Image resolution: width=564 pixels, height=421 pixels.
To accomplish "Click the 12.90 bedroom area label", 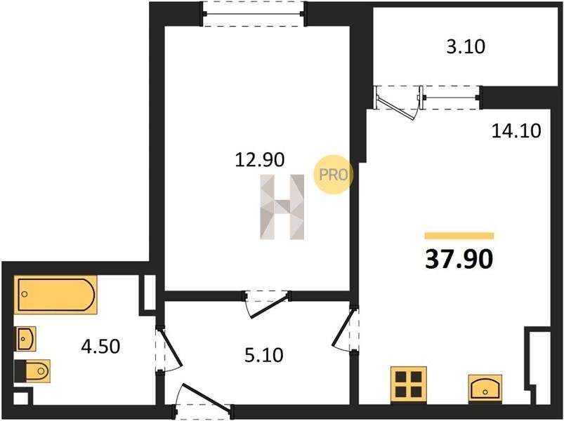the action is click(260, 160).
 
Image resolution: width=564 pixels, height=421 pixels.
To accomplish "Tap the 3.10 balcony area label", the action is click(466, 47).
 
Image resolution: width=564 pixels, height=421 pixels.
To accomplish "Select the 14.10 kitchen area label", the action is click(516, 131).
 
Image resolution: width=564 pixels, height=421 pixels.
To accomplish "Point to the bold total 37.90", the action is click(459, 260).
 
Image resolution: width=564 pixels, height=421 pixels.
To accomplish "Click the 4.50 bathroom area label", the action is click(100, 347).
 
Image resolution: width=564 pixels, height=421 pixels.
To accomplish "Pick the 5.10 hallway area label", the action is click(263, 355).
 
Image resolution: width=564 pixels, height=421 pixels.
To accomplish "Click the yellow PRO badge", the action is click(334, 175).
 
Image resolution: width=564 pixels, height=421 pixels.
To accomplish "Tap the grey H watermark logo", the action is click(282, 207).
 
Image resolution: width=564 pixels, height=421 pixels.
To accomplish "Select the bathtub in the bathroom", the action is click(55, 295).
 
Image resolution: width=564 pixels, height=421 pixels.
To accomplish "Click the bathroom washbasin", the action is click(25, 339).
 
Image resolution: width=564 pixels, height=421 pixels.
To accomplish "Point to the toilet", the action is click(32, 371).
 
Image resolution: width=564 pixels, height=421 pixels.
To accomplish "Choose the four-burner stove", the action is click(409, 384).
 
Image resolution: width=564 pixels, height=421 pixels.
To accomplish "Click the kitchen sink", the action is click(485, 387).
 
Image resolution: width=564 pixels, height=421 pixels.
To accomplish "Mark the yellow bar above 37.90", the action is click(459, 236).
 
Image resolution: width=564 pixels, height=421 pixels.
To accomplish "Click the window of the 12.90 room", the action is click(254, 14).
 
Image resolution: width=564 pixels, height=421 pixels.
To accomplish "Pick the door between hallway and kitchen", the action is click(346, 328).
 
